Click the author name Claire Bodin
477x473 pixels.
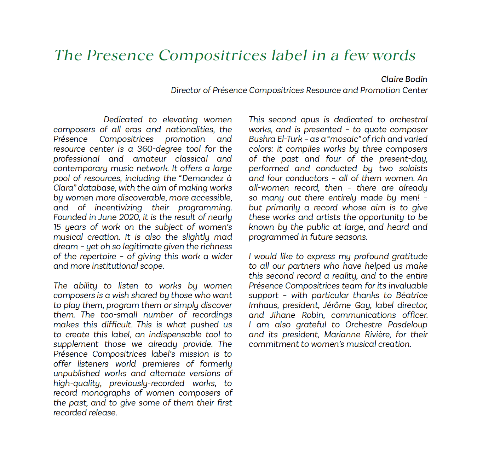(404, 79)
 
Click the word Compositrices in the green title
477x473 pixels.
(212, 56)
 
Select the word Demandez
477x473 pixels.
(203, 178)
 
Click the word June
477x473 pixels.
(107, 217)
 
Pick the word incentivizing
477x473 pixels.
(118, 208)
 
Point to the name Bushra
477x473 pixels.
(262, 139)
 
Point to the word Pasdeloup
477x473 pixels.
(407, 325)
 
